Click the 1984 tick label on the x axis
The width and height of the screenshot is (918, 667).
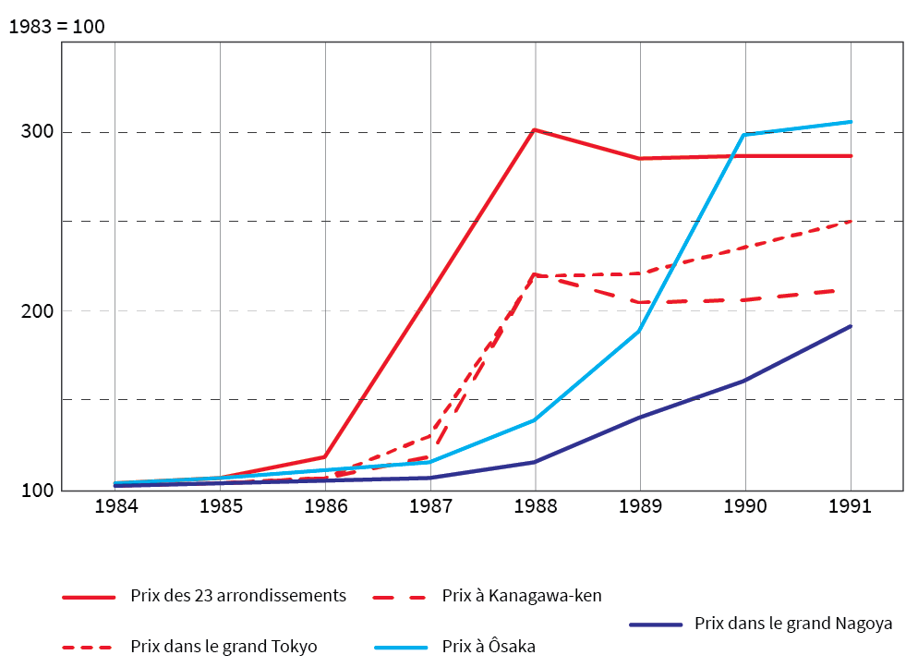115,506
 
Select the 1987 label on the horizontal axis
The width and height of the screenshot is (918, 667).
430,506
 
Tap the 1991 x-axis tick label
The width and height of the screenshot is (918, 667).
850,506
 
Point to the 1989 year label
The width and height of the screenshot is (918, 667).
640,506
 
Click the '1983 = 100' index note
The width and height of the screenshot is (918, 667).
56,27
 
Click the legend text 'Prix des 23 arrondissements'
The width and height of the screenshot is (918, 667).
238,596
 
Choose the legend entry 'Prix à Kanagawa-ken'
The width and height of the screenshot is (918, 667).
522,596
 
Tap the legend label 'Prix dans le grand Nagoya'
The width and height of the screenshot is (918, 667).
793,624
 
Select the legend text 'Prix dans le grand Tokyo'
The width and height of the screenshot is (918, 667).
223,647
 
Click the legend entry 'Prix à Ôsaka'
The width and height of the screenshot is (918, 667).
489,647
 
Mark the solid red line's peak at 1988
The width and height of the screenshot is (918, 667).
535,130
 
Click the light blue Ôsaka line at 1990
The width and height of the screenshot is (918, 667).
744,135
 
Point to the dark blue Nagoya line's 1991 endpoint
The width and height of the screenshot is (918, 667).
851,326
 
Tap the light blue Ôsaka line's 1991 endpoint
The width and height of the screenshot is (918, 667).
851,122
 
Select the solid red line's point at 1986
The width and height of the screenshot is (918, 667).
325,456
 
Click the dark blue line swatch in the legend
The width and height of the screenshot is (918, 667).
655,625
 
